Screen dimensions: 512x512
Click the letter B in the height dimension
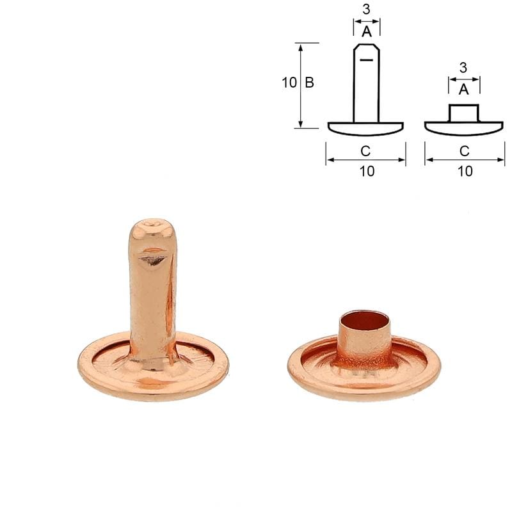click(x=309, y=83)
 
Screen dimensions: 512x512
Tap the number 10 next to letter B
click(x=289, y=83)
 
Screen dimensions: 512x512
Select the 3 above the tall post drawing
click(x=366, y=10)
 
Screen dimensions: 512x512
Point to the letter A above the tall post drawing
click(x=366, y=31)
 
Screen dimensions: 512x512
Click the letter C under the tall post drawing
click(x=365, y=151)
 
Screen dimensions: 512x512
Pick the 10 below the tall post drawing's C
click(x=367, y=171)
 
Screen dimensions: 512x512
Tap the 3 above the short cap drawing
click(x=463, y=67)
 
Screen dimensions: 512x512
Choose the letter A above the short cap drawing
click(x=463, y=89)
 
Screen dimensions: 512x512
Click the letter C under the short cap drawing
click(x=465, y=151)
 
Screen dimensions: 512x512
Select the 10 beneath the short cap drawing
click(x=465, y=171)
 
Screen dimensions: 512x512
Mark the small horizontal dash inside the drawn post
click(x=366, y=60)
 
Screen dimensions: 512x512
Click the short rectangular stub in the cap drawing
click(x=464, y=113)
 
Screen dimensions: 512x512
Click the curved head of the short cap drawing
click(x=464, y=128)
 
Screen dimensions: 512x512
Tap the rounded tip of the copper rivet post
click(x=152, y=227)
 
